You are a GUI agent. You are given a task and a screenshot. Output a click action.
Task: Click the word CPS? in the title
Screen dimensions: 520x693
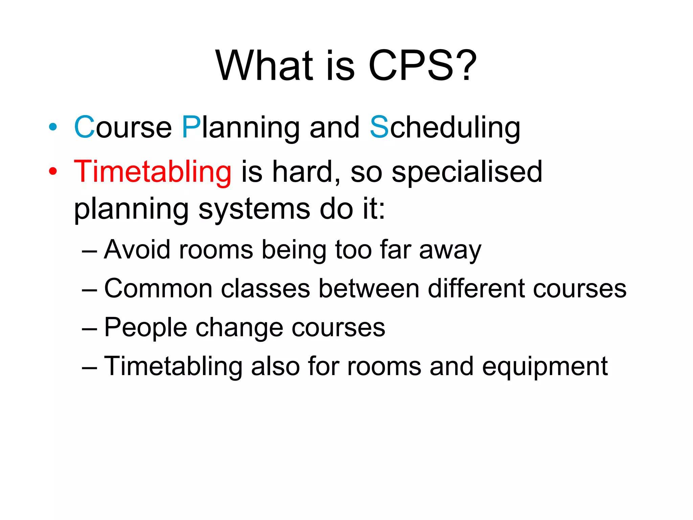click(x=422, y=65)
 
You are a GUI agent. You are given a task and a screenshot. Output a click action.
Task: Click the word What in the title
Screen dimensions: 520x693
click(x=264, y=65)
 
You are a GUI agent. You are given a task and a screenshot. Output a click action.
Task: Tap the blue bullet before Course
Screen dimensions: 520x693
click(x=53, y=127)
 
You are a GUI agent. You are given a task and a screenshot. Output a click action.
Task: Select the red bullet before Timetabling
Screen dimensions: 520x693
click(x=53, y=171)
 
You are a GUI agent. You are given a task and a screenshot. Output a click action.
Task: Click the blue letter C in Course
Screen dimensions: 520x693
click(x=84, y=127)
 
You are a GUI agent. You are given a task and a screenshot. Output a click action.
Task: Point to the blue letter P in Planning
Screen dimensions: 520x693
click(x=191, y=127)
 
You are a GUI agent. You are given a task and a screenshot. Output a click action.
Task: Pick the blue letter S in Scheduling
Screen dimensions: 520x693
click(x=379, y=127)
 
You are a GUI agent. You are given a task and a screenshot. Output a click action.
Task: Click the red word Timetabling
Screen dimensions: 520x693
click(x=153, y=172)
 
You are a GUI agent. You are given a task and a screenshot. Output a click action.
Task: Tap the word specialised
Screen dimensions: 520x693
click(x=467, y=172)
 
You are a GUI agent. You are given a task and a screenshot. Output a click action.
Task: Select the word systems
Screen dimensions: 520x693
click(x=254, y=209)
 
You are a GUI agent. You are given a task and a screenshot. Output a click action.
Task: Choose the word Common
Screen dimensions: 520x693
click(x=158, y=288)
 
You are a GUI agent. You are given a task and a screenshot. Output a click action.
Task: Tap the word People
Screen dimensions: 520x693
click(x=146, y=328)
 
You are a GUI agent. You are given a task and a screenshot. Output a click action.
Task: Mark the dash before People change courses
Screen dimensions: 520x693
click(x=90, y=328)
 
